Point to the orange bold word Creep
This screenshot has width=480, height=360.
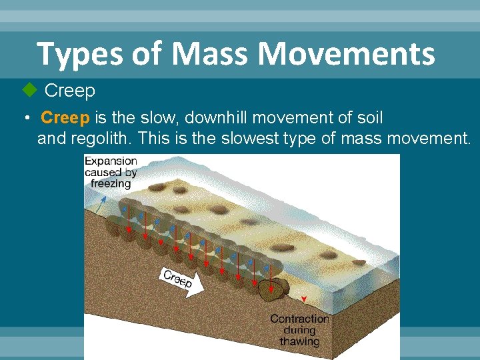click(65, 119)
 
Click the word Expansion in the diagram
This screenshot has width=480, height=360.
click(111, 161)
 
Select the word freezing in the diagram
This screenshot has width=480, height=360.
click(110, 183)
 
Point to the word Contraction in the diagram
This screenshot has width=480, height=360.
click(299, 319)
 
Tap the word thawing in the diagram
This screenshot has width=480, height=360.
click(299, 341)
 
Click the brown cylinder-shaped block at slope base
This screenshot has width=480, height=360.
click(273, 289)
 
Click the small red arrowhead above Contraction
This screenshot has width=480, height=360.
click(304, 299)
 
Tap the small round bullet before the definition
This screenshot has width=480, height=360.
click(25, 119)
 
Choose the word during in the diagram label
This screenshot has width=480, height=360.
click(299, 330)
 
